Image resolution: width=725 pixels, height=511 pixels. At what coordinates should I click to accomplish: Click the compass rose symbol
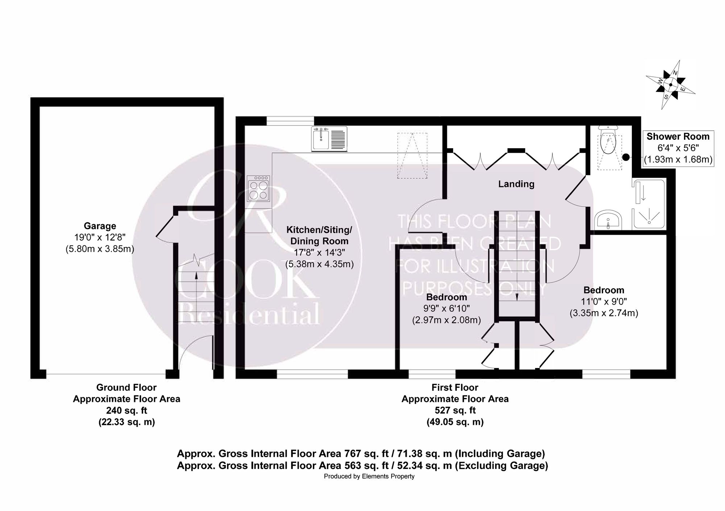pyautogui.click(x=670, y=85)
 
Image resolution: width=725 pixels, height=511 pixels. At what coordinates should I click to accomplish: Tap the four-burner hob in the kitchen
pyautogui.click(x=258, y=188)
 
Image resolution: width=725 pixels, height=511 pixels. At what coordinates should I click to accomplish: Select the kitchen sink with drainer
pyautogui.click(x=329, y=139)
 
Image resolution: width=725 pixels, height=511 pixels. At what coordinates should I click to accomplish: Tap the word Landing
pyautogui.click(x=516, y=184)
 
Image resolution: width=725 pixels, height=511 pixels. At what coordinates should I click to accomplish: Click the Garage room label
pyautogui.click(x=100, y=226)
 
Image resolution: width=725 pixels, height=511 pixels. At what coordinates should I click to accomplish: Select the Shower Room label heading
pyautogui.click(x=678, y=137)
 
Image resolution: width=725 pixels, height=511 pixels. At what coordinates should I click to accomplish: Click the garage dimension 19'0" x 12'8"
pyautogui.click(x=100, y=238)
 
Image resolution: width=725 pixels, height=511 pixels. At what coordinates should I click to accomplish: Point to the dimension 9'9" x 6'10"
pyautogui.click(x=447, y=309)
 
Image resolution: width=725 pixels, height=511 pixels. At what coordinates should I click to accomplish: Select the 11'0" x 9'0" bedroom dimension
pyautogui.click(x=604, y=301)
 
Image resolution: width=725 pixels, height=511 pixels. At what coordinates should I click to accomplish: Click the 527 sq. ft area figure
pyautogui.click(x=455, y=410)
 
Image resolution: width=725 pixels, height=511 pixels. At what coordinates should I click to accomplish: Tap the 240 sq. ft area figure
pyautogui.click(x=127, y=410)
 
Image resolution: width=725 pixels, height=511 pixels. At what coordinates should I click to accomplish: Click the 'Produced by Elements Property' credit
pyautogui.click(x=369, y=476)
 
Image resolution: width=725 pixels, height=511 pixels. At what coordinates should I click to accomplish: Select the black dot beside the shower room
pyautogui.click(x=626, y=157)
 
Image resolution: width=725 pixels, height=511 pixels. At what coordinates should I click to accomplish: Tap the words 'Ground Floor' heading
pyautogui.click(x=127, y=388)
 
